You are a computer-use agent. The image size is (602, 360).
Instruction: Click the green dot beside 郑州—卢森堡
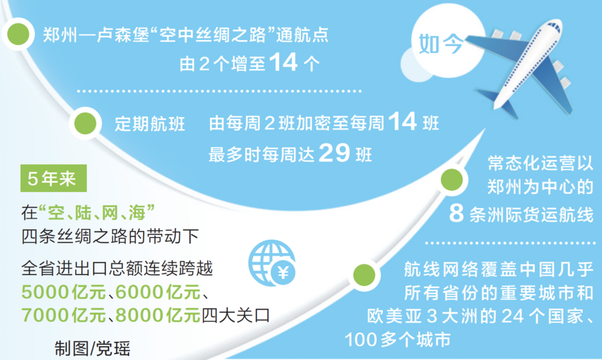(18, 34)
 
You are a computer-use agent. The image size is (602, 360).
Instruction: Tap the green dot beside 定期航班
(85, 123)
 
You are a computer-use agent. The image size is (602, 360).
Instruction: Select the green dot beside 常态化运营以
(451, 179)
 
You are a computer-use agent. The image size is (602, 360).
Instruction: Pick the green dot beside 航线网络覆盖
(364, 275)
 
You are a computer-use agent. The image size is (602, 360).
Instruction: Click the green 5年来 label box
(53, 179)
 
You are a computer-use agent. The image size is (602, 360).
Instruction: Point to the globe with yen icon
(272, 263)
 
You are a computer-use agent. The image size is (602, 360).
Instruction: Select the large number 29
(334, 153)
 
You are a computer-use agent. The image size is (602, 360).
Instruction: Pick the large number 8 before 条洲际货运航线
(456, 213)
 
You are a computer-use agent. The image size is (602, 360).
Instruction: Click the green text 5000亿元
(64, 292)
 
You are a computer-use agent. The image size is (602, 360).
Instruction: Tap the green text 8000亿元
(158, 315)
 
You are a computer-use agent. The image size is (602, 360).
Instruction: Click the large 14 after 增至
(283, 62)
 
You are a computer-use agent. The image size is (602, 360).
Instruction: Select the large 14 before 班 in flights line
(403, 121)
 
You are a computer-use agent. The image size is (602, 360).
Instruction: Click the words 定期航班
(150, 124)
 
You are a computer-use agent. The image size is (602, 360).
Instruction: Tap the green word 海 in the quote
(137, 213)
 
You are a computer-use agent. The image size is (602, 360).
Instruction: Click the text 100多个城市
(398, 340)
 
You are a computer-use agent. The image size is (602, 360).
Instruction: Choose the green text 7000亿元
(64, 315)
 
